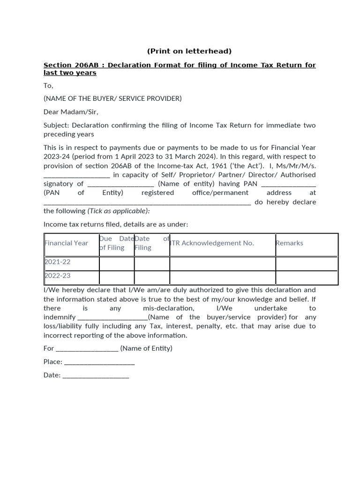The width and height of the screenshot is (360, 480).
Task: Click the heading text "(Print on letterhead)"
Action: point(189,51)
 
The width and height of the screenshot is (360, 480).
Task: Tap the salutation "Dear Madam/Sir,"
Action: point(71,112)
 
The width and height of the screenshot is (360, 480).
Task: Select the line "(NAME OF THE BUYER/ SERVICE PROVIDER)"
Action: point(112,98)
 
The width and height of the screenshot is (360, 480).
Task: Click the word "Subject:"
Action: point(57,125)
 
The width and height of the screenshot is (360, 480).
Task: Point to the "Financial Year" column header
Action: point(66,243)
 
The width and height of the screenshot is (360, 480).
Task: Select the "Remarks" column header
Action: point(290,243)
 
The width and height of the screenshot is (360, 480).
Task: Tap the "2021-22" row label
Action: point(58,262)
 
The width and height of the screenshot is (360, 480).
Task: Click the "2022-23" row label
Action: point(58,276)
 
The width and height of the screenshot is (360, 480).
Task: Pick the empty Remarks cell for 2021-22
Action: point(307,263)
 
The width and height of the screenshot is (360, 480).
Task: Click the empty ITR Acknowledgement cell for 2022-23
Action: point(222,277)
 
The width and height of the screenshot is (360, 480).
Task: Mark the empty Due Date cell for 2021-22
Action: point(117,263)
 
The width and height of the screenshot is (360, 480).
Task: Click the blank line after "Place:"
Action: point(99,362)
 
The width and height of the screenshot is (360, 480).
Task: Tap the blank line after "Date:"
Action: point(95,375)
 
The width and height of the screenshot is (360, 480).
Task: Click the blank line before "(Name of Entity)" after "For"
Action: point(87,349)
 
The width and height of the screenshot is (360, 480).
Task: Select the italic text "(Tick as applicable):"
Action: point(119,211)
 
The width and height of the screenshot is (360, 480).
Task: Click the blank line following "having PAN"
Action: point(288,184)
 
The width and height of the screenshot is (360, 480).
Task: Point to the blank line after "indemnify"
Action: point(112,317)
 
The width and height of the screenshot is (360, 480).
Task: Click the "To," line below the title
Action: point(49,86)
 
